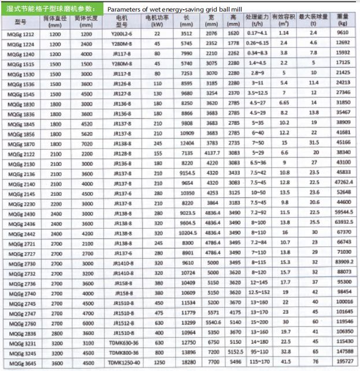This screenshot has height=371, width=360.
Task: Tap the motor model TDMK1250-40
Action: pos(121,361)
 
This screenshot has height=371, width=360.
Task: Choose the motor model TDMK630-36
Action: pos(121,342)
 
